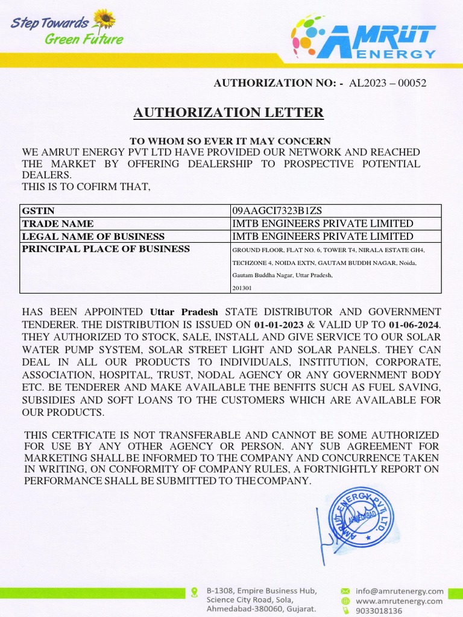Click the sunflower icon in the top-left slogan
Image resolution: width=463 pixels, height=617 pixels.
coord(105,19)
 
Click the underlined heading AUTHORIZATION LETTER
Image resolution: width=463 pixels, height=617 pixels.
coord(228,113)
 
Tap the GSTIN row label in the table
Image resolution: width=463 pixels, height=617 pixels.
coord(38,211)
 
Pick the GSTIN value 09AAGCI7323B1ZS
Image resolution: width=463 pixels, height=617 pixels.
coord(277,211)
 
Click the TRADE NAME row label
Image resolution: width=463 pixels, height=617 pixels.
coord(58,224)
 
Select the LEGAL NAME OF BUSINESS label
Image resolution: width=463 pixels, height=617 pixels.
coord(93,236)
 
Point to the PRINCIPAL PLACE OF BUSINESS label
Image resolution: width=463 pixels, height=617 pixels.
coord(106,249)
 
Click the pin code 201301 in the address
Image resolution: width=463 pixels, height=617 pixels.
coord(242,289)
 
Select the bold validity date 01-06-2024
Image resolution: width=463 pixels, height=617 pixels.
coord(414,325)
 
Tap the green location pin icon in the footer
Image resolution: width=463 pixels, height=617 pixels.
coord(194,592)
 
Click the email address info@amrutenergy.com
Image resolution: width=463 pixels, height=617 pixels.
coord(399,591)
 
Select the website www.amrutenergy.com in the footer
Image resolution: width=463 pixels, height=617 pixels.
coord(398,601)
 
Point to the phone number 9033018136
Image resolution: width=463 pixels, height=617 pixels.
coord(379,611)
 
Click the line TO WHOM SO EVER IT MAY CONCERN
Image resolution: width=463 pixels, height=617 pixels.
coord(230,141)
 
